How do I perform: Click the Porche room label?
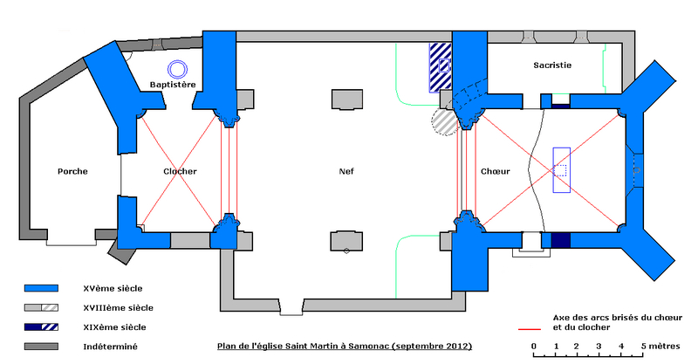point(72,171)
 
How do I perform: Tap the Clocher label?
point(180,171)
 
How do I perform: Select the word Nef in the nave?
point(346,171)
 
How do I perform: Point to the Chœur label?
point(495,171)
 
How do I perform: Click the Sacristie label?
point(552,65)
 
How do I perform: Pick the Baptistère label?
point(171,85)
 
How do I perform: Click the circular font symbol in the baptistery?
point(178,67)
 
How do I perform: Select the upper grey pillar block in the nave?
point(346,100)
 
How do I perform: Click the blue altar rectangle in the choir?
point(560,169)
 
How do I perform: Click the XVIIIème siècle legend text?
point(118,307)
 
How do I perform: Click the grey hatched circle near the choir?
point(446,120)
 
